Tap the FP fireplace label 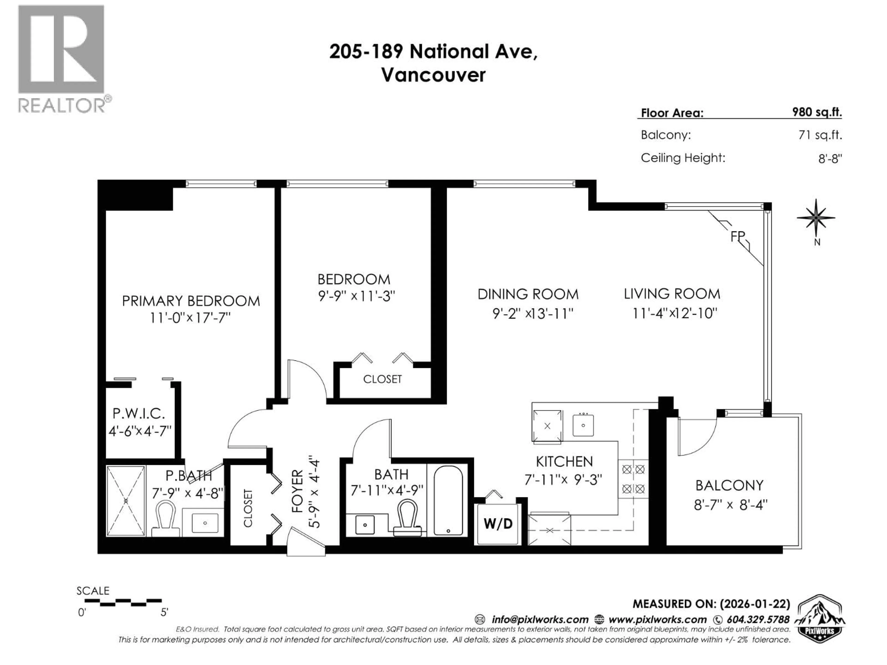737,236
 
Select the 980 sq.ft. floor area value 817,112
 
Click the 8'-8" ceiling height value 830,159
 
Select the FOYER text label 297,491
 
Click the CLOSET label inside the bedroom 382,379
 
